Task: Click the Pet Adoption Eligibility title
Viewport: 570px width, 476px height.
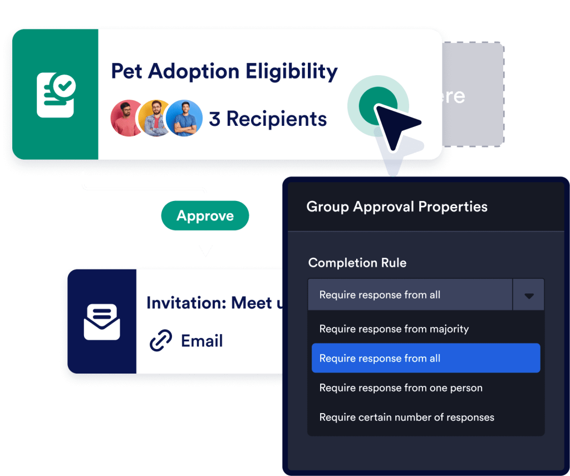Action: (x=224, y=72)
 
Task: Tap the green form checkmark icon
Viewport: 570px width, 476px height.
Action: (x=56, y=95)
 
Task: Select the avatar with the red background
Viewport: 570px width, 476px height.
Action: (x=127, y=118)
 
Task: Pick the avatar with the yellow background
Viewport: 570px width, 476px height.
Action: (x=155, y=118)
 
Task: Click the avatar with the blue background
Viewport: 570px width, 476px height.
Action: (x=184, y=118)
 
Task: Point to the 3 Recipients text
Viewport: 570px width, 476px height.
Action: (x=268, y=119)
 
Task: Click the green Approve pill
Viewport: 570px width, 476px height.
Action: (x=205, y=215)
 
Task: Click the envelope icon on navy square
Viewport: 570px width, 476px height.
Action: (x=102, y=321)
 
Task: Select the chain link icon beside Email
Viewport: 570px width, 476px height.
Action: (x=161, y=341)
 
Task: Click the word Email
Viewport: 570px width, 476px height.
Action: (x=202, y=341)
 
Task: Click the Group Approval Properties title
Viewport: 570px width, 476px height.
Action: (x=397, y=207)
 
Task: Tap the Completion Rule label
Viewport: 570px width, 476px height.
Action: (x=357, y=263)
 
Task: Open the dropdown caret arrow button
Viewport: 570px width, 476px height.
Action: (x=528, y=295)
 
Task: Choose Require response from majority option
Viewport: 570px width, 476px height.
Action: (x=394, y=329)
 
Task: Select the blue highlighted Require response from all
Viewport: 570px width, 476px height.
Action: (x=426, y=358)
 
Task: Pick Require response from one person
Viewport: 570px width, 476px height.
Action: (x=401, y=388)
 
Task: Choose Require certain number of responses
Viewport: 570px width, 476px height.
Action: (x=407, y=417)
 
